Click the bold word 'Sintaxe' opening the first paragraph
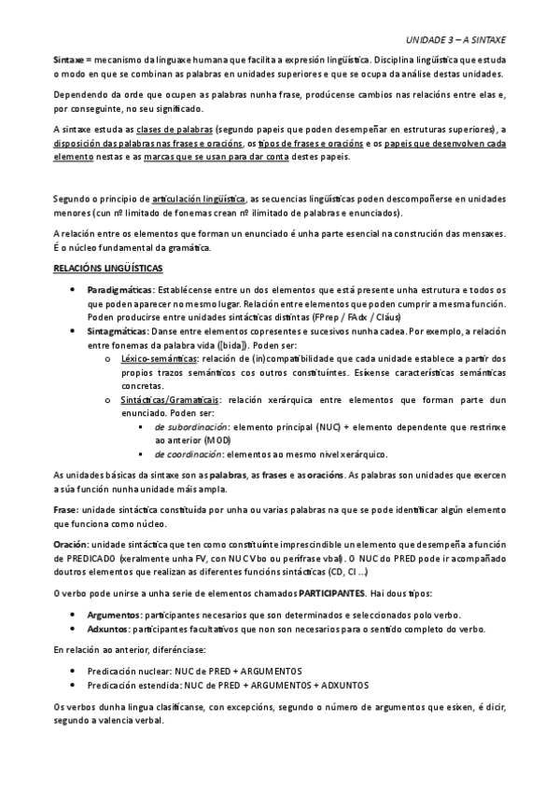[x=70, y=58]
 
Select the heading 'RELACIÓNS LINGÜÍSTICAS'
[x=107, y=269]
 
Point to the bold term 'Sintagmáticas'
[x=115, y=331]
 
